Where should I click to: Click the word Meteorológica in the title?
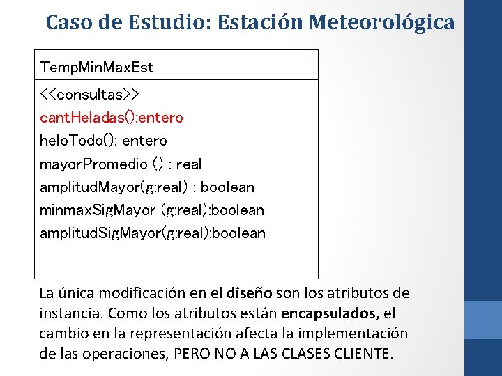(x=382, y=22)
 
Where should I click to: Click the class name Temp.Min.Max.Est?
(x=97, y=68)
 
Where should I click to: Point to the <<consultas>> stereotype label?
(x=90, y=93)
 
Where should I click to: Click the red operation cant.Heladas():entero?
(x=112, y=117)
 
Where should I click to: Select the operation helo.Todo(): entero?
(x=104, y=141)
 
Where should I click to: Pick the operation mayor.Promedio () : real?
(x=121, y=164)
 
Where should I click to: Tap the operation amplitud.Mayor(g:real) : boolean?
(x=147, y=187)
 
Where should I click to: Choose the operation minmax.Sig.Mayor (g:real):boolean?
(x=152, y=210)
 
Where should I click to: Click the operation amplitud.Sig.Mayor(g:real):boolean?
(x=153, y=233)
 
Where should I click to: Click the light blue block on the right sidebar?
(x=482, y=320)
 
